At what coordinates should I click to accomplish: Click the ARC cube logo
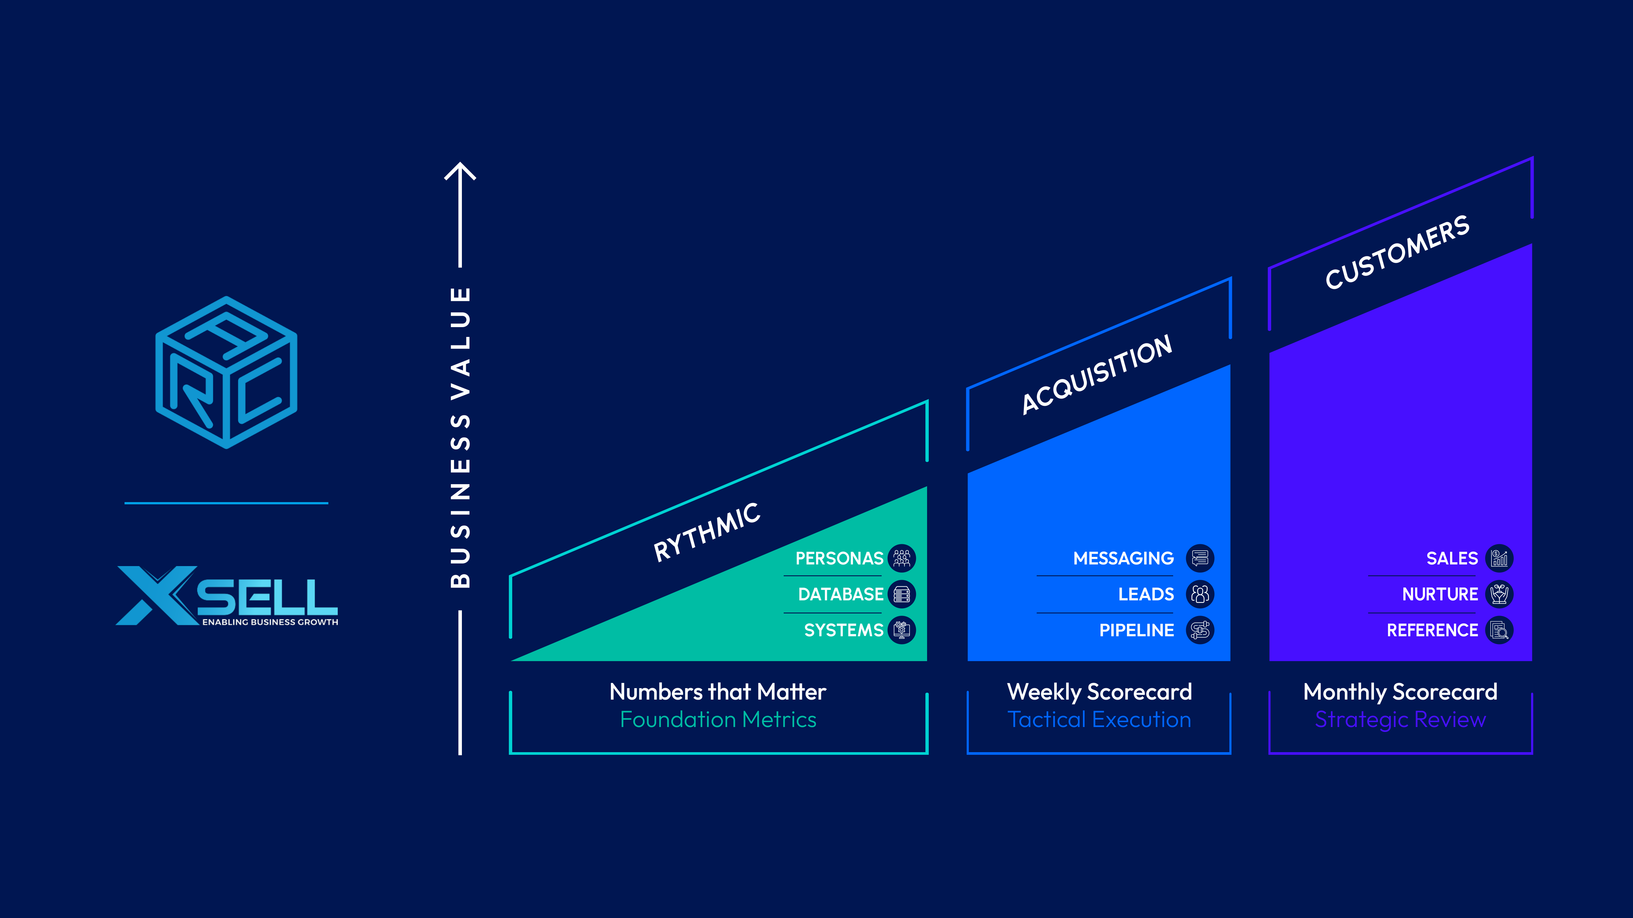[226, 372]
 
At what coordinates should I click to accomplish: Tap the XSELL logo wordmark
[227, 594]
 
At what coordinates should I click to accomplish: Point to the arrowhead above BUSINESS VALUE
[460, 171]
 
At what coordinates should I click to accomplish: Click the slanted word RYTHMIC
[707, 532]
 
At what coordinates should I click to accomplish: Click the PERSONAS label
[839, 558]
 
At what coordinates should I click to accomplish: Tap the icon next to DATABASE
[902, 594]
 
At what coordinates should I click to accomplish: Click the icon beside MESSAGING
[1200, 558]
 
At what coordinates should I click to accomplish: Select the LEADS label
[1146, 594]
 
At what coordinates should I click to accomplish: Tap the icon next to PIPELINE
[1200, 630]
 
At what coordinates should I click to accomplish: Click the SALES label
[1452, 558]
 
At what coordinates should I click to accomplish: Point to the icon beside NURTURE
[1499, 594]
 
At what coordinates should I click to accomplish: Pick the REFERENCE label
[1432, 630]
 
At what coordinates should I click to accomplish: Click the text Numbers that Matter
[718, 692]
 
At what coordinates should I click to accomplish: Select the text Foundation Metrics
[718, 720]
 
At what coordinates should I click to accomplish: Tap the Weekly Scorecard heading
[1099, 692]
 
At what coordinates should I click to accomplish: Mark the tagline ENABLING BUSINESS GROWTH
[270, 622]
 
